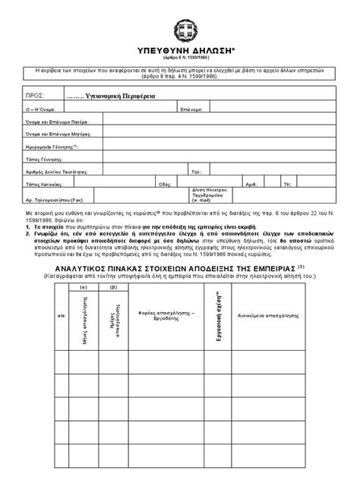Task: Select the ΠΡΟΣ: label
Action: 34,97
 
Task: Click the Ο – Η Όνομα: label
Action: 41,110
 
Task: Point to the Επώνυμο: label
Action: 191,110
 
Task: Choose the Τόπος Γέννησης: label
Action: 46,159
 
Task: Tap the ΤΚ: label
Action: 287,184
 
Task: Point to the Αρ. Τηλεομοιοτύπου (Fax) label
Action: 55,198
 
